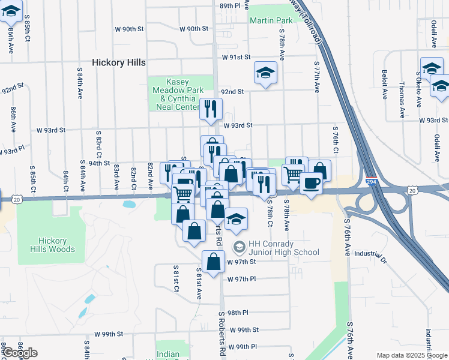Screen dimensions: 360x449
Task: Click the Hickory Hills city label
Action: pos(119,62)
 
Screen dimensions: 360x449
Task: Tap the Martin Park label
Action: pos(271,20)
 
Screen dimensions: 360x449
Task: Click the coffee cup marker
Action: pos(310,182)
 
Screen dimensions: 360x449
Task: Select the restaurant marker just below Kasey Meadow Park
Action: pos(211,109)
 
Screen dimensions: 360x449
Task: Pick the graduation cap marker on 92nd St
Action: pos(265,73)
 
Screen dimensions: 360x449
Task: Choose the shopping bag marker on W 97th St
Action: pos(214,262)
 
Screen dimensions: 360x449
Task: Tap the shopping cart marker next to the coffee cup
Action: pos(294,174)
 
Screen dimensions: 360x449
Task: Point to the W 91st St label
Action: pos(235,58)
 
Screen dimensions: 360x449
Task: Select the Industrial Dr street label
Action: pos(369,253)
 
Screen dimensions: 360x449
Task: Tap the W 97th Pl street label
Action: pos(242,279)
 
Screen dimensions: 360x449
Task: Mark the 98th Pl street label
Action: pos(238,313)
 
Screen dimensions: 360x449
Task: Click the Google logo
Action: pos(20,353)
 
